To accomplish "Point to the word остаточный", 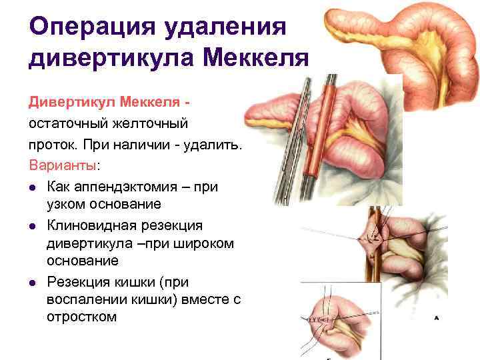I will click(x=69, y=124).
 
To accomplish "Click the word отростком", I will click(x=81, y=317).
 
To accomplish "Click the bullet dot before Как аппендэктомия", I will click(x=34, y=187).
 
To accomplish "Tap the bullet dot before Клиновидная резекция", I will click(x=34, y=225).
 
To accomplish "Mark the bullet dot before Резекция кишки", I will click(x=34, y=281).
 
